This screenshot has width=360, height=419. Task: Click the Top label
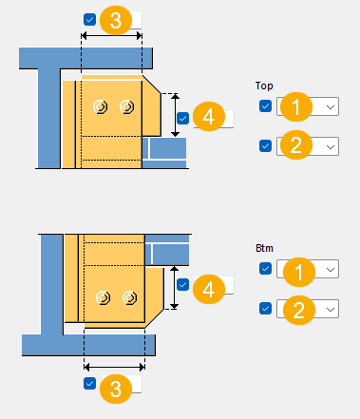coord(264,86)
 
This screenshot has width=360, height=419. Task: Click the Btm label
coord(264,248)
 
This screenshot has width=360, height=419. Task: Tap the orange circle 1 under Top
coord(296,106)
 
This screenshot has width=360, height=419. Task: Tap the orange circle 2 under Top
coord(296,144)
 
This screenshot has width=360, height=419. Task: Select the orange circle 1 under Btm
coord(299,272)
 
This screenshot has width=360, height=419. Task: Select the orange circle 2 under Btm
coord(299,310)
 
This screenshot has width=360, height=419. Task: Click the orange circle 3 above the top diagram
coord(116,20)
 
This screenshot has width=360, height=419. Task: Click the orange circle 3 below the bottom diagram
coord(116,389)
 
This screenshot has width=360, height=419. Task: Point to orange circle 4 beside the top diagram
coord(209,116)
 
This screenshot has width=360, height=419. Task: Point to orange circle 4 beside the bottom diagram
coord(209,289)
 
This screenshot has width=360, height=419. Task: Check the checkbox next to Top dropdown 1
coord(265,106)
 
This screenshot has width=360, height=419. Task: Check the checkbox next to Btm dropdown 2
coord(265,308)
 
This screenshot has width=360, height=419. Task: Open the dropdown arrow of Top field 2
coord(331,146)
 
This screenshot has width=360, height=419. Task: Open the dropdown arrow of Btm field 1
coord(331,269)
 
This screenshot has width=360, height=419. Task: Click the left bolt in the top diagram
coord(101,106)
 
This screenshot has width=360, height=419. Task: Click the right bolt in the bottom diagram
coord(130,297)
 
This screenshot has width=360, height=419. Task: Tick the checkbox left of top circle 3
coord(90,20)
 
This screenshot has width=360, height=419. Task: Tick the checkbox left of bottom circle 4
coord(182,284)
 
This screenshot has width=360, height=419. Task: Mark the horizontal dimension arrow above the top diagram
coord(111,35)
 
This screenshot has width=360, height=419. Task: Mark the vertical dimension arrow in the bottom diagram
coord(174,288)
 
